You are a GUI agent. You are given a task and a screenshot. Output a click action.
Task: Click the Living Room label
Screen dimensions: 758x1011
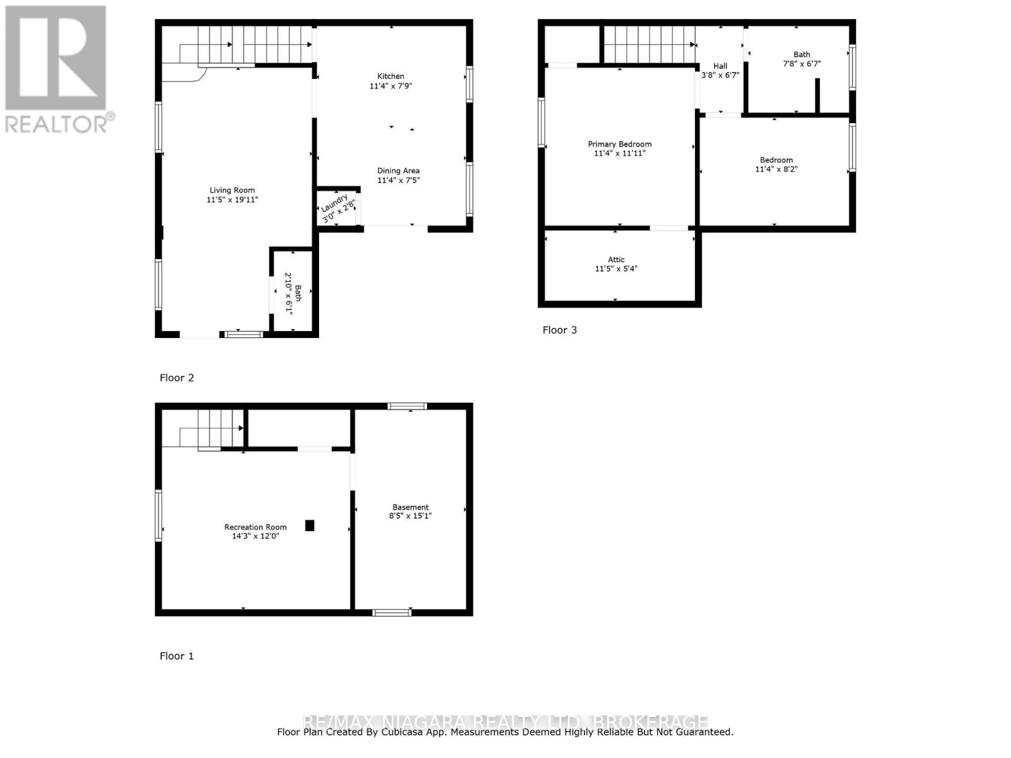(x=232, y=190)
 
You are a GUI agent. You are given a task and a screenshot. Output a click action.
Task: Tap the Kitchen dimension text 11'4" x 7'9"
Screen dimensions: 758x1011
(x=390, y=86)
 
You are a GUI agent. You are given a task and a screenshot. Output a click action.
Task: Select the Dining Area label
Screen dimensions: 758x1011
(x=398, y=171)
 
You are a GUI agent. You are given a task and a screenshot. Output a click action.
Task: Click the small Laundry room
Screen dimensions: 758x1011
(x=337, y=208)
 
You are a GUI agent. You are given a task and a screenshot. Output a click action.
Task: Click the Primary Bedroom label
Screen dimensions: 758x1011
(x=619, y=144)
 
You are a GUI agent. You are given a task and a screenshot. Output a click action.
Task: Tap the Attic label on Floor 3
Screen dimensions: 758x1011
(x=616, y=260)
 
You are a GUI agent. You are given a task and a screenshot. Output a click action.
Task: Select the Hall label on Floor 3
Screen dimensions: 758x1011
(x=720, y=66)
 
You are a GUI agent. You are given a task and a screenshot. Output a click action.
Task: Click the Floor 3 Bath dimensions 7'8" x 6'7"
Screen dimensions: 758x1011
(x=802, y=64)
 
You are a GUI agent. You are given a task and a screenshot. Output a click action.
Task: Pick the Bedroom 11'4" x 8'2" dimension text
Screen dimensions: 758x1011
(x=776, y=169)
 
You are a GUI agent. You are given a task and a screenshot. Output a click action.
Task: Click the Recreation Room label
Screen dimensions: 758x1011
(x=255, y=527)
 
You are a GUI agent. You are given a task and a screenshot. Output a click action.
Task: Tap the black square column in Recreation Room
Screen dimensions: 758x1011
(x=310, y=526)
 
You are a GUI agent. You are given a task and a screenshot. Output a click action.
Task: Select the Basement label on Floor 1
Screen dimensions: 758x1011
(x=410, y=507)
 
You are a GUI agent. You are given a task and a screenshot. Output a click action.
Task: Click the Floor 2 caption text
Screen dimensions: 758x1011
(x=176, y=378)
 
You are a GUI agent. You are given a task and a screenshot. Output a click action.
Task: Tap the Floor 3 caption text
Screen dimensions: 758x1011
(x=559, y=330)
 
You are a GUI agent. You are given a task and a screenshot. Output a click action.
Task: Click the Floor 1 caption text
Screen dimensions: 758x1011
(x=176, y=656)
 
